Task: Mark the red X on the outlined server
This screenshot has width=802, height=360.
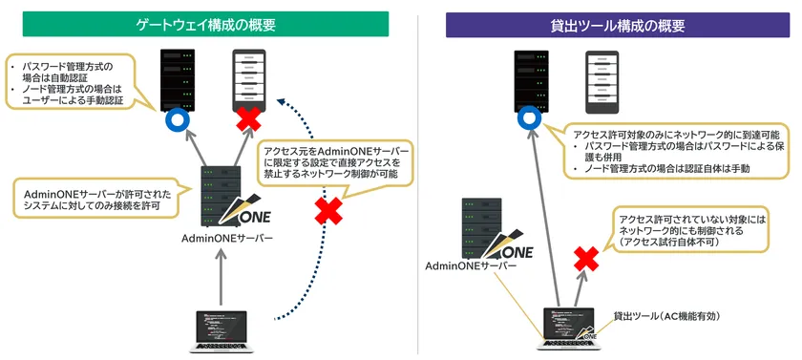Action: [x=250, y=120]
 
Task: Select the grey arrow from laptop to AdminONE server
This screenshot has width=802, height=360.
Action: [x=221, y=278]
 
